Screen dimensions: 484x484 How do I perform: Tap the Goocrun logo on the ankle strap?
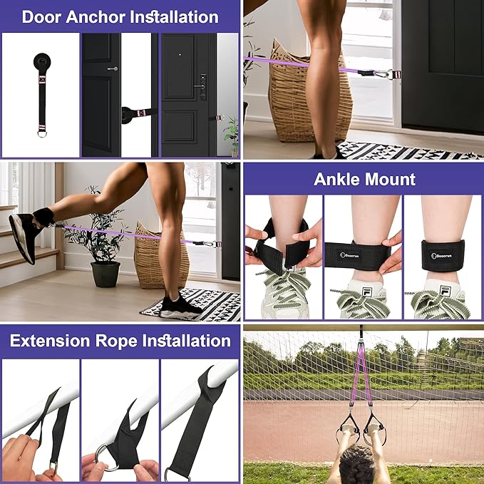(354, 253)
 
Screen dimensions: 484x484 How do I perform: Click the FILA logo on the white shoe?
(359, 291)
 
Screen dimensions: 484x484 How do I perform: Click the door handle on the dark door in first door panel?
(113, 68)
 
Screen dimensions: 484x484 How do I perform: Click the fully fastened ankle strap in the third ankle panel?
(442, 254)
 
